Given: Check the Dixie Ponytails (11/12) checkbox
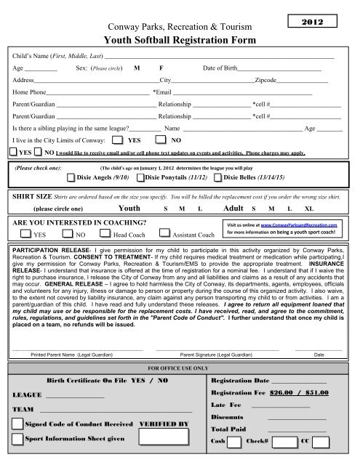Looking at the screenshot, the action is click(x=141, y=177).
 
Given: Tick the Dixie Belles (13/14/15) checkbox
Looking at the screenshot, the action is click(x=218, y=177).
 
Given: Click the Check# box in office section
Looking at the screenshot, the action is click(x=287, y=442).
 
